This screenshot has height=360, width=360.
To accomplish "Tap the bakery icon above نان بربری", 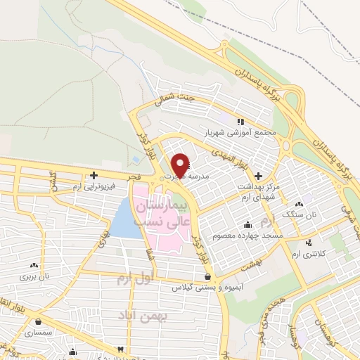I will click(x=34, y=266).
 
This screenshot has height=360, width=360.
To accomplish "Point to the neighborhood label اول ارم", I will click(x=134, y=279).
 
